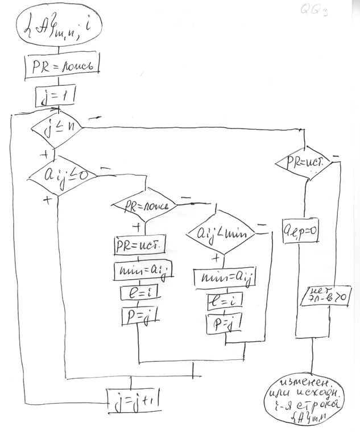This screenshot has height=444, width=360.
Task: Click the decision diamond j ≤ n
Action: click(55, 130)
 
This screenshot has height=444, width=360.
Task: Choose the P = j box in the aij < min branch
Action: click(224, 324)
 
